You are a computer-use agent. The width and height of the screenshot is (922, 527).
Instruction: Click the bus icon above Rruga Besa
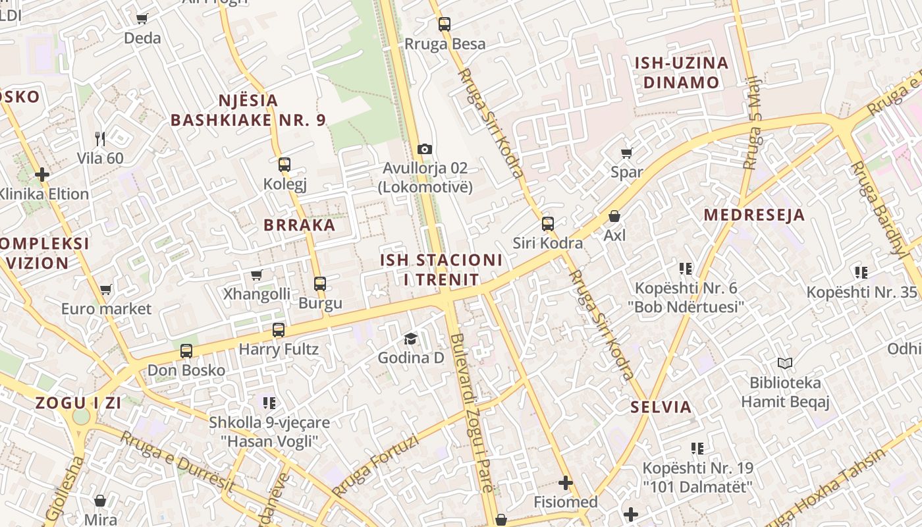[x=445, y=24]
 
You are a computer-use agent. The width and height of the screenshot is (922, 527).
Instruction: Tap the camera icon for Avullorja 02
[x=425, y=149]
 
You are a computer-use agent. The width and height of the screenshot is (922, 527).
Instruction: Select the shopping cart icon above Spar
[x=626, y=153]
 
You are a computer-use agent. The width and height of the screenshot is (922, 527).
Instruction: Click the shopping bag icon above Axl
[x=614, y=216]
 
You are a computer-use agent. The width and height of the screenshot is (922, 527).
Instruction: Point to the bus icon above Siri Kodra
[x=547, y=223]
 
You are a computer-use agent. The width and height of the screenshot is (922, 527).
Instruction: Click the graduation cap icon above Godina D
[x=411, y=339]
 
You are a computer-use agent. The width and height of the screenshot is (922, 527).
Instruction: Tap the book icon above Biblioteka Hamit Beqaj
[x=784, y=363]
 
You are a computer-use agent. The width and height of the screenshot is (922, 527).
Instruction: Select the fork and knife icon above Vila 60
[x=100, y=138]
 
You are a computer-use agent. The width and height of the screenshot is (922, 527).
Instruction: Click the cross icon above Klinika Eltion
[x=42, y=175]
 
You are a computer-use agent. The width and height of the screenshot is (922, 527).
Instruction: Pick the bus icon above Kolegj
[x=285, y=164]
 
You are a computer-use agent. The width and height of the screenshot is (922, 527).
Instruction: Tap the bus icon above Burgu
[x=320, y=284]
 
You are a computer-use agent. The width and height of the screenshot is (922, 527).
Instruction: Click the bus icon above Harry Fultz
[x=279, y=330]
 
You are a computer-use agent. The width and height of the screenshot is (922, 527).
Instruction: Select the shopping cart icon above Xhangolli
[x=256, y=275]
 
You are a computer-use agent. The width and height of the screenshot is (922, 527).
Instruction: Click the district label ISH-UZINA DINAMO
[x=681, y=72]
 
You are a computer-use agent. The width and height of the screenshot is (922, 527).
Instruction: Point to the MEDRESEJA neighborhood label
[x=754, y=215]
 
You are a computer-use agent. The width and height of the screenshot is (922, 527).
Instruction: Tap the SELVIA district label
[x=661, y=406]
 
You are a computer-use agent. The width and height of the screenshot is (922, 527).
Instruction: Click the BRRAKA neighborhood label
[x=300, y=225]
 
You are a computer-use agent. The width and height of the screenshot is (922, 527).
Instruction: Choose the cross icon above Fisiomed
[x=565, y=483]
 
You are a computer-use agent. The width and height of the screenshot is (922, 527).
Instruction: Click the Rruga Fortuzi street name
[x=375, y=465]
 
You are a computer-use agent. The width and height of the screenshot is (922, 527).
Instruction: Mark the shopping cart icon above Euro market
[x=105, y=289]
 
